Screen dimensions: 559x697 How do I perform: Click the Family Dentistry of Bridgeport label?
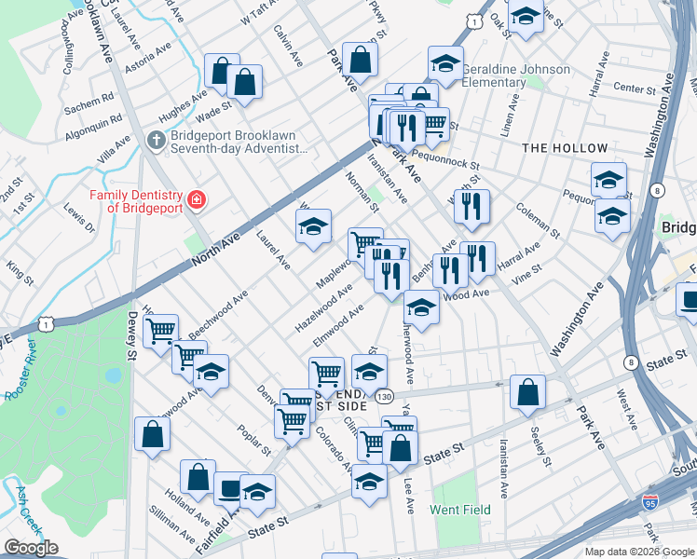[137, 200]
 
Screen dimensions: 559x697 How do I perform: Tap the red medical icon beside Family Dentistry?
[196, 199]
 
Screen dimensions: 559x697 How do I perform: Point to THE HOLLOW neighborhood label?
[565, 148]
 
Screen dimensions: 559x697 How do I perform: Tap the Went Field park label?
[459, 510]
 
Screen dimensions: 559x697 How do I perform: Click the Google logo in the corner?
[31, 548]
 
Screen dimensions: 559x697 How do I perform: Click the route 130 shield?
[385, 398]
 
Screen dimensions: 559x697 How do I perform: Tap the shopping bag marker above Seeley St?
[528, 393]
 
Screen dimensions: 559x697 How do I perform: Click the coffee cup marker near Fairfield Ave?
[229, 487]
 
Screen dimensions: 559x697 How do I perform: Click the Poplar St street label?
[253, 439]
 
